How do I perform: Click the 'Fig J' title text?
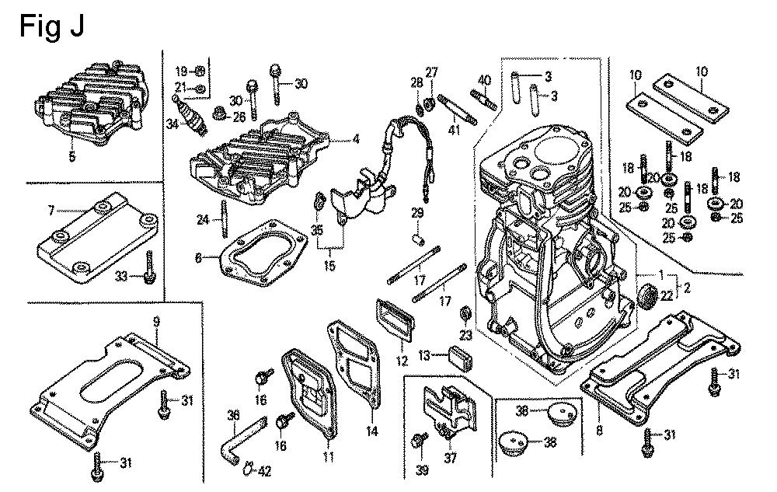click(51, 26)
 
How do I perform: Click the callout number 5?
click(72, 157)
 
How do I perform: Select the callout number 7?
click(51, 210)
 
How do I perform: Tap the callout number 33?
click(122, 277)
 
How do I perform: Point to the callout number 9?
click(157, 323)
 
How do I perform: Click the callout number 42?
click(265, 471)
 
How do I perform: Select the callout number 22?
click(667, 295)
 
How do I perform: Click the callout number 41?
click(454, 130)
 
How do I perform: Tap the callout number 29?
click(417, 213)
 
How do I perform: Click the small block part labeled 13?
click(461, 359)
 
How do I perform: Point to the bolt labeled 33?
click(148, 267)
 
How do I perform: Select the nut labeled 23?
click(465, 313)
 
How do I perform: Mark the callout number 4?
click(356, 140)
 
